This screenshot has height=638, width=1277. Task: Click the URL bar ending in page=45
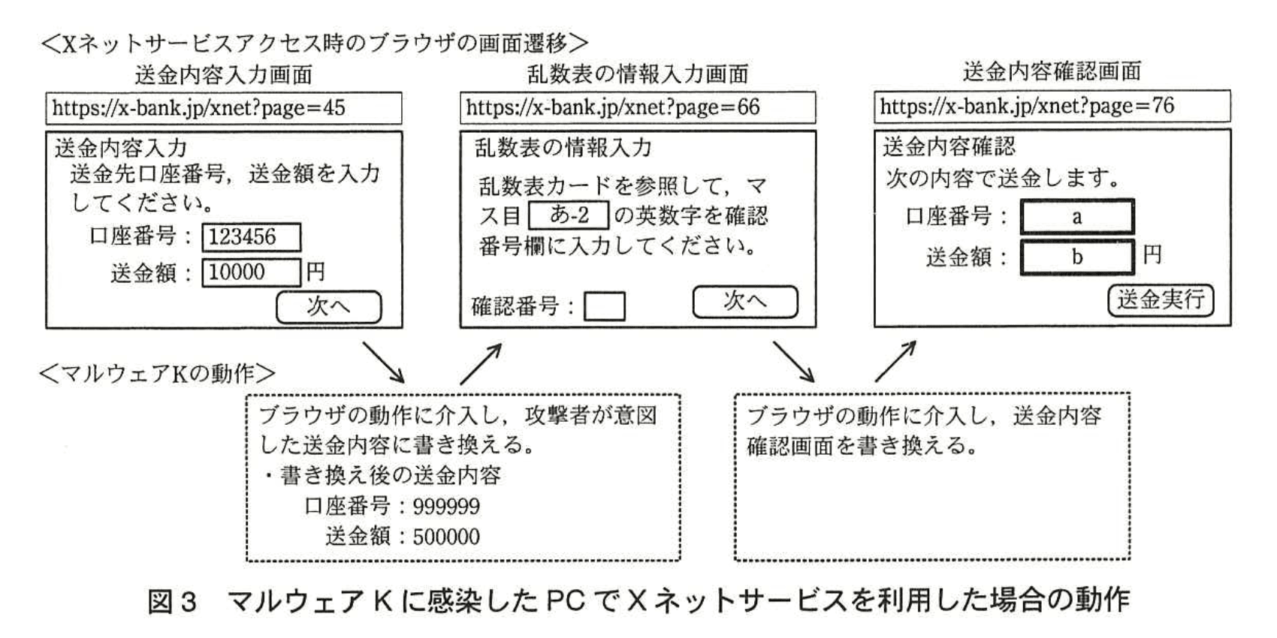[223, 108]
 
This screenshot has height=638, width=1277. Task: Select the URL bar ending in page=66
[637, 107]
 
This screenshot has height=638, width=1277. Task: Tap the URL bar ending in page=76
[1052, 106]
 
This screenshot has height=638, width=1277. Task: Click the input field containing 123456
[251, 237]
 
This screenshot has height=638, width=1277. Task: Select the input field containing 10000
[251, 272]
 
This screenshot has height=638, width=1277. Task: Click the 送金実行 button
[1160, 300]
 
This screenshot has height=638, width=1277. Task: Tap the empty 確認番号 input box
[604, 306]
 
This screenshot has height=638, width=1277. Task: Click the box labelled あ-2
[569, 215]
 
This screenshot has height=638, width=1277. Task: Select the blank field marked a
[1076, 217]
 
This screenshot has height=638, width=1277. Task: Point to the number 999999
[446, 507]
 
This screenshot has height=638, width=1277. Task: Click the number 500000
[446, 537]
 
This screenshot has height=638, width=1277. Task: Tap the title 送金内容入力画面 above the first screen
[223, 75]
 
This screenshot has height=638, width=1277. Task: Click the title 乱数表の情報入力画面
[637, 74]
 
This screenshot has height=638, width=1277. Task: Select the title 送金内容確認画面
[1052, 71]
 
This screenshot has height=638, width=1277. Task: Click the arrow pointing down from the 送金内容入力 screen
[384, 362]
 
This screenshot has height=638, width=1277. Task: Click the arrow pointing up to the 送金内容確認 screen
[895, 361]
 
